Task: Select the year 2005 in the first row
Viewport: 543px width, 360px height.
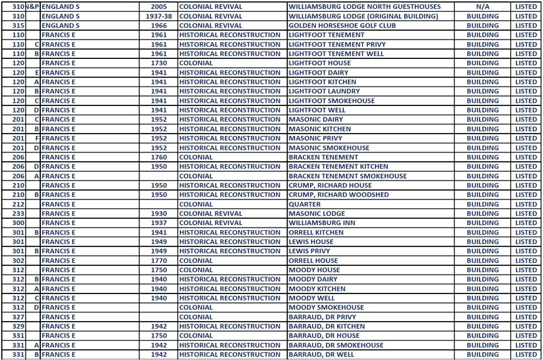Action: click(159, 6)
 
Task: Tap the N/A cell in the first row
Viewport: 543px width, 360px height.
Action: click(483, 6)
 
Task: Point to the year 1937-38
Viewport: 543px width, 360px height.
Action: click(159, 16)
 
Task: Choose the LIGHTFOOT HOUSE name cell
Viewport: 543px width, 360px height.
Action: click(320, 63)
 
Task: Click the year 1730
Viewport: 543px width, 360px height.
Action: click(159, 63)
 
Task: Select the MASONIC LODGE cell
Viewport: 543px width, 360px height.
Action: click(316, 213)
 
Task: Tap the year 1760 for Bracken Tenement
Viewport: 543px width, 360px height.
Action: click(159, 157)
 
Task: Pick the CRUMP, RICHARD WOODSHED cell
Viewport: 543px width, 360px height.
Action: click(338, 194)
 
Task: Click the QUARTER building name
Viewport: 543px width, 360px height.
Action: click(304, 204)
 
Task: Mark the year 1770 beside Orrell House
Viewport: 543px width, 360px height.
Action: click(159, 260)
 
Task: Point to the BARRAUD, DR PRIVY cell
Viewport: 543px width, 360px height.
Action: click(322, 317)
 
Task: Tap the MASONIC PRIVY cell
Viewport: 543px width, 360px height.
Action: click(315, 139)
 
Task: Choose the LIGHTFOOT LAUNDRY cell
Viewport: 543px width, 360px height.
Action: click(324, 92)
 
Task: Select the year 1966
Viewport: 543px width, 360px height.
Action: click(159, 26)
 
